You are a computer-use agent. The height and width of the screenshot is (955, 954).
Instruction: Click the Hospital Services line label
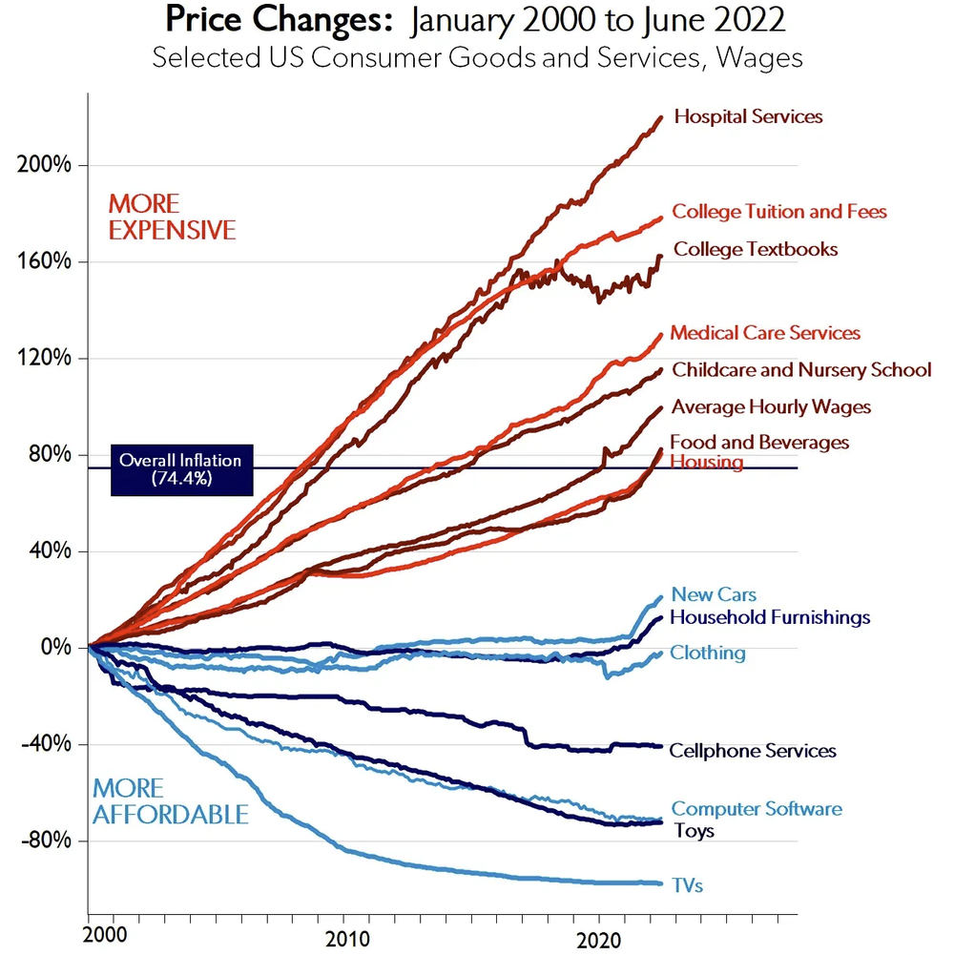click(x=748, y=117)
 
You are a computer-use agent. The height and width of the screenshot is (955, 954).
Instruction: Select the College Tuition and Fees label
click(x=778, y=212)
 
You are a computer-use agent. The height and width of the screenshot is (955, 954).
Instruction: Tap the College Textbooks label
click(x=756, y=250)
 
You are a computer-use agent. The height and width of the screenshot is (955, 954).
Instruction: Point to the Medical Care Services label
click(x=765, y=333)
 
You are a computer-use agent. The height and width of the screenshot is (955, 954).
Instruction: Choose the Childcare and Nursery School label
click(x=801, y=370)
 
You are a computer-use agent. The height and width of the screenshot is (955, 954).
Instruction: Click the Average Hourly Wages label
click(x=771, y=407)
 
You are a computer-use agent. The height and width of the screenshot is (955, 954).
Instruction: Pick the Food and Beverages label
click(x=759, y=443)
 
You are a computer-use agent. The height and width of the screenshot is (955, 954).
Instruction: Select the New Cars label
click(x=700, y=595)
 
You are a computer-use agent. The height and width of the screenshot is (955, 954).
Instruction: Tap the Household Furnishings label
click(x=770, y=618)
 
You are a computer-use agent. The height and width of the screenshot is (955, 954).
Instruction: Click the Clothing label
click(x=707, y=654)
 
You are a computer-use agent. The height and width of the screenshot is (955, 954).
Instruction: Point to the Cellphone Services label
click(x=753, y=752)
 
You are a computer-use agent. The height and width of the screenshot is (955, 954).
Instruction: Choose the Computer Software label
click(x=757, y=809)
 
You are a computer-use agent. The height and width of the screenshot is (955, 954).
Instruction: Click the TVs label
click(x=687, y=886)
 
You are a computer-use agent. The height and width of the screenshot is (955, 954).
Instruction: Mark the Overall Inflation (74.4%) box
click(x=181, y=469)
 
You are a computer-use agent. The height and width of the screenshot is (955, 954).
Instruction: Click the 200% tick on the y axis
click(x=45, y=165)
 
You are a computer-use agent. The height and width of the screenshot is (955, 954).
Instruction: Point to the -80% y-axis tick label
click(x=45, y=841)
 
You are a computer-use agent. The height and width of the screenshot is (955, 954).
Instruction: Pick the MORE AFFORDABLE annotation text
click(x=170, y=802)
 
